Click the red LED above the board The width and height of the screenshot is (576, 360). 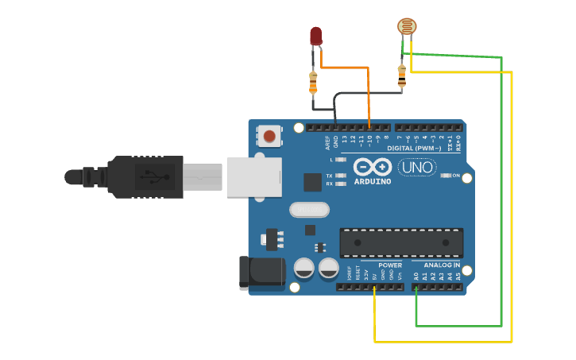(315, 36)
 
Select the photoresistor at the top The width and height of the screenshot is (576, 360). (407, 26)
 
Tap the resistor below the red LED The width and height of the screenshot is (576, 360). (313, 80)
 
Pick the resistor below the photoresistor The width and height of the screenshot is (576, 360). (402, 75)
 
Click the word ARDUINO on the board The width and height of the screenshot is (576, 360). (373, 181)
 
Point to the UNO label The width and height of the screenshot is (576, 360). (417, 168)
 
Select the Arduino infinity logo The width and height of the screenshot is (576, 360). (373, 167)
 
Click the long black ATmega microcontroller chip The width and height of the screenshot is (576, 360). (401, 242)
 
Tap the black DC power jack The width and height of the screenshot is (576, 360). (261, 271)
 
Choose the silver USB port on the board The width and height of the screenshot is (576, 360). (254, 176)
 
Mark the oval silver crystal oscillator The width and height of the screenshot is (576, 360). (309, 210)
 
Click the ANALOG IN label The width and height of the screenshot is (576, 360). (442, 265)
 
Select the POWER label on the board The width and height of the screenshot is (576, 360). (389, 265)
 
